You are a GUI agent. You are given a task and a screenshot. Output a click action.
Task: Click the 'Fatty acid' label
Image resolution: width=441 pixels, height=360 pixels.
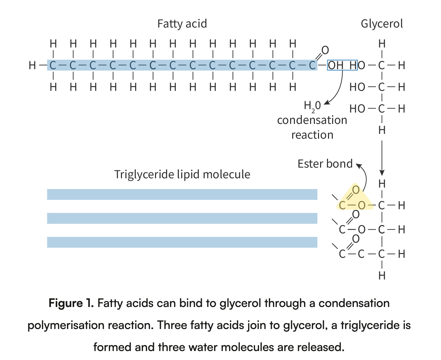tap(182, 24)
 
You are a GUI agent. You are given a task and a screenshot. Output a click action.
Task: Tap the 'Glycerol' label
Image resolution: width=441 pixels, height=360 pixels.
tap(382, 24)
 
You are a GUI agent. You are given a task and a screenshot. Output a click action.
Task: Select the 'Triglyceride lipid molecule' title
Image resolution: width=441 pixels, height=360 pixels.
tap(182, 174)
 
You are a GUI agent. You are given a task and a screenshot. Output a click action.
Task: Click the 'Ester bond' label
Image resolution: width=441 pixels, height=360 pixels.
tap(325, 164)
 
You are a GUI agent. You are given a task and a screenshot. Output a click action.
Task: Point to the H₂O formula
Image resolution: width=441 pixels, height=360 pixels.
tap(312, 106)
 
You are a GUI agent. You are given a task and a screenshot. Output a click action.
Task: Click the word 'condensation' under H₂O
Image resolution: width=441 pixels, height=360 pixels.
tap(312, 120)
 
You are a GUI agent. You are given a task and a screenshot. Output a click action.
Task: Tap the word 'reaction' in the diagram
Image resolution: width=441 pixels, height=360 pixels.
tap(312, 135)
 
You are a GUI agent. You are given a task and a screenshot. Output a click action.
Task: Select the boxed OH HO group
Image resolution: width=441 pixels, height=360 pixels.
tap(342, 65)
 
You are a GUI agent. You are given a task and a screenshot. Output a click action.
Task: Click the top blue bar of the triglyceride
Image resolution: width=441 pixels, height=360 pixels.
tap(182, 194)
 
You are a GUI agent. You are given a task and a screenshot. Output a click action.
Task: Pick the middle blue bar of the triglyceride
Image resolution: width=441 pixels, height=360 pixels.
tap(182, 218)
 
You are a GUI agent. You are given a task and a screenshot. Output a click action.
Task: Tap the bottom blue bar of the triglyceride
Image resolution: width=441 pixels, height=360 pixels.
tap(182, 242)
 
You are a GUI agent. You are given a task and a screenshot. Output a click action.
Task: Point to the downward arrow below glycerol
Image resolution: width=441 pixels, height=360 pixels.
tap(382, 158)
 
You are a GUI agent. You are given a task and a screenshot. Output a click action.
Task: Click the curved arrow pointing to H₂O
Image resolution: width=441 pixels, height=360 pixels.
tap(338, 89)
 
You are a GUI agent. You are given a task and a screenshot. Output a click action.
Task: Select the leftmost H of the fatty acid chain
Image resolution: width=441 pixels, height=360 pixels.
tap(32, 65)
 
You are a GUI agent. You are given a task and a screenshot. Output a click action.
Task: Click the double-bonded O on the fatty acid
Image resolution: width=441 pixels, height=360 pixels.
tap(325, 50)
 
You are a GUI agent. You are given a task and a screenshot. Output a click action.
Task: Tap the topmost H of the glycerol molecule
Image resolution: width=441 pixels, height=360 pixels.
tap(382, 44)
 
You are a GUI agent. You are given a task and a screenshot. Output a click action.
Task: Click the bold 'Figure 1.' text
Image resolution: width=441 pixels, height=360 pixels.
tap(71, 303)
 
